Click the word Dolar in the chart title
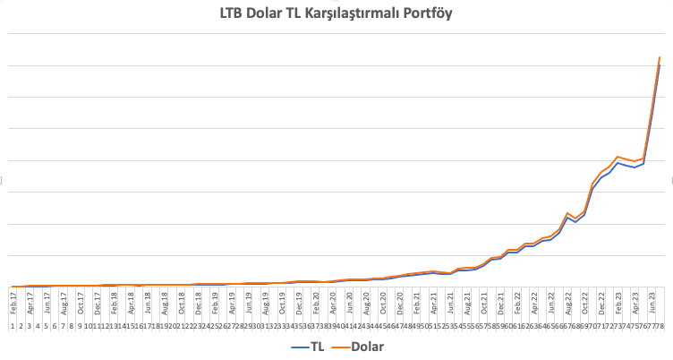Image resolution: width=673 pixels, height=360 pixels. click(x=268, y=13)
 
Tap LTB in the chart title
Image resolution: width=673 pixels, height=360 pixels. click(x=233, y=13)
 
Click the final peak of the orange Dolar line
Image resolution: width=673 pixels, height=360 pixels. click(x=660, y=57)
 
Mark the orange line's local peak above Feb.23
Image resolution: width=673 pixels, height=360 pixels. click(x=618, y=157)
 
